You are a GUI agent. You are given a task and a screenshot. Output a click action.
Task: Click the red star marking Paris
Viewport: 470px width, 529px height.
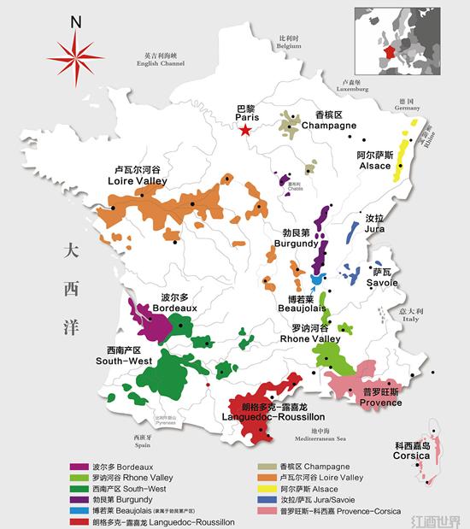pyautogui.click(x=246, y=130)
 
